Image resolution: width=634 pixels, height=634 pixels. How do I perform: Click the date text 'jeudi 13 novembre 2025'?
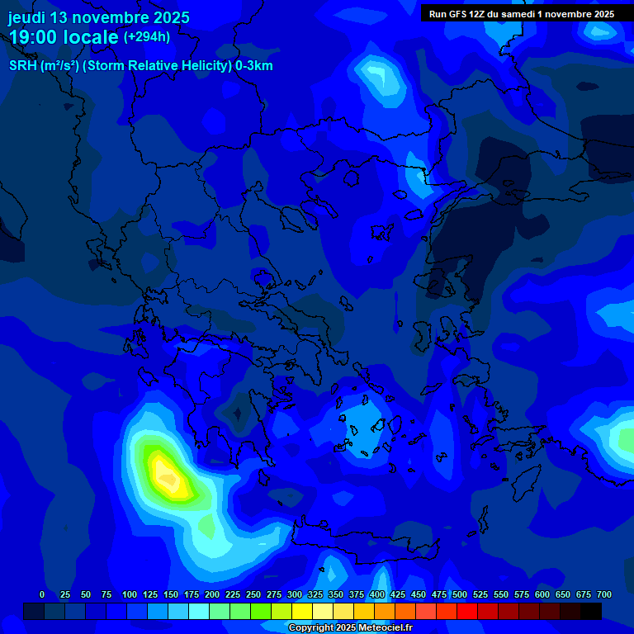pyautogui.click(x=99, y=17)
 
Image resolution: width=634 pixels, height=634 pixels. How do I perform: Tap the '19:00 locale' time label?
pyautogui.click(x=64, y=37)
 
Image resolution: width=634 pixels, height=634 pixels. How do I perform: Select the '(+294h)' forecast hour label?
pyautogui.click(x=147, y=36)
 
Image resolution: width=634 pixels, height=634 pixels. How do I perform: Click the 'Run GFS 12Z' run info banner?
pyautogui.click(x=521, y=14)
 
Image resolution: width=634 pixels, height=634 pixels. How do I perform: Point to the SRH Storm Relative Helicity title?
pyautogui.click(x=140, y=66)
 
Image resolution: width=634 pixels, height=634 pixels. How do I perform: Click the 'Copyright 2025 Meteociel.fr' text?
pyautogui.click(x=350, y=627)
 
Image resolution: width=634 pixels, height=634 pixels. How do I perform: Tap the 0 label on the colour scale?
pyautogui.click(x=42, y=594)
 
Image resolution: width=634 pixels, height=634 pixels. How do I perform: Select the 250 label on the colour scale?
pyautogui.click(x=253, y=594)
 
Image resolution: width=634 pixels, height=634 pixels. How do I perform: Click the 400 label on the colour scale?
pyautogui.click(x=377, y=594)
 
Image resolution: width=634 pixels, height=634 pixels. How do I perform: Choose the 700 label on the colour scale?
pyautogui.click(x=604, y=594)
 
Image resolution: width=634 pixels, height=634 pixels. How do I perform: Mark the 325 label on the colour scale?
pyautogui.click(x=315, y=594)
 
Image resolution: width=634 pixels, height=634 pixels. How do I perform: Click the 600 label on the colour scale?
pyautogui.click(x=542, y=594)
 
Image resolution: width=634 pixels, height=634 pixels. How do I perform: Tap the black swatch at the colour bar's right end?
pyautogui.click(x=591, y=611)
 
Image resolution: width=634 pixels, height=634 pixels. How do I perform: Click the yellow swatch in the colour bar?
pyautogui.click(x=302, y=611)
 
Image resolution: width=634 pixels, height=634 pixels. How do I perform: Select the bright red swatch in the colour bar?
pyautogui.click(x=467, y=611)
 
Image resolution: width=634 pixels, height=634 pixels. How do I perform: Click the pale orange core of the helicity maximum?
pyautogui.click(x=168, y=477)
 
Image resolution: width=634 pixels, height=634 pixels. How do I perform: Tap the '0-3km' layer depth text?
pyautogui.click(x=254, y=66)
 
